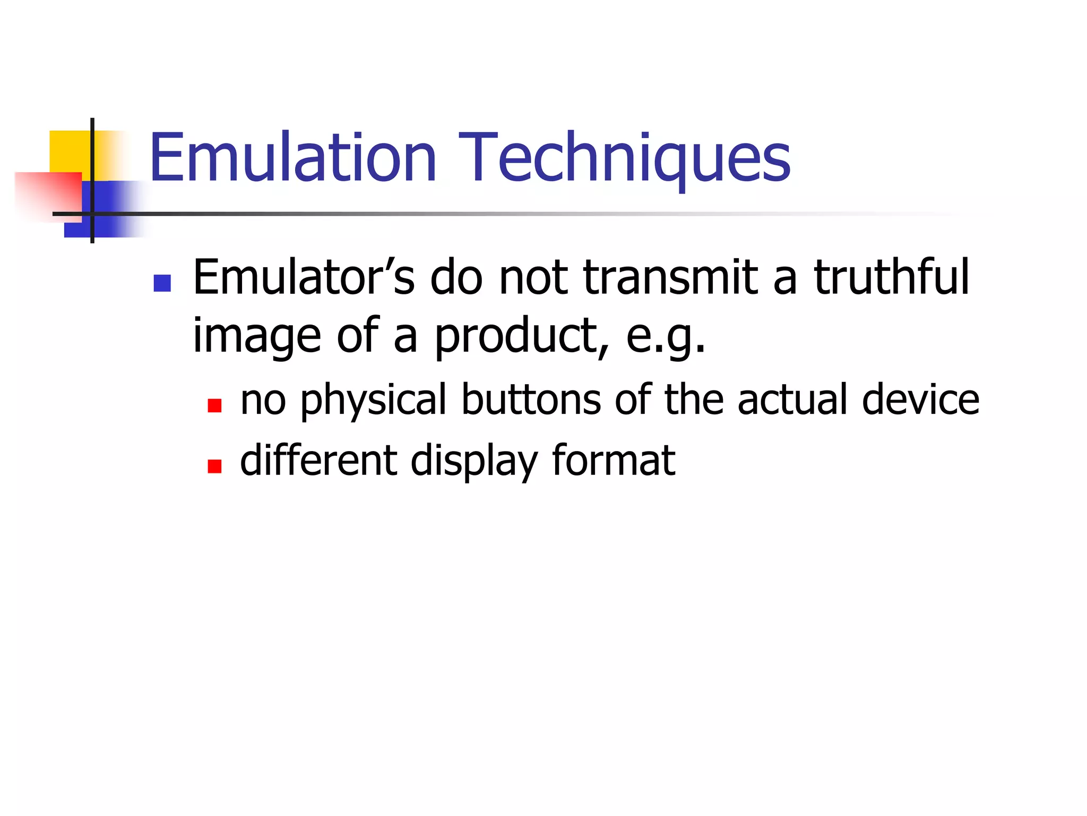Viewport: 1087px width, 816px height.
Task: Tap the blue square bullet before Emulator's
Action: point(162,283)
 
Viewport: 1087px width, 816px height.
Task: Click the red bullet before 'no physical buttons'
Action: point(214,406)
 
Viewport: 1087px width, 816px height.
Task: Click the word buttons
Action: point(531,400)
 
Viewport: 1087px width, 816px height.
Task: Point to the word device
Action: point(920,400)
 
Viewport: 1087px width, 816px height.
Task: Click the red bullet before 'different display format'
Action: point(214,466)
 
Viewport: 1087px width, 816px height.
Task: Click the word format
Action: point(614,460)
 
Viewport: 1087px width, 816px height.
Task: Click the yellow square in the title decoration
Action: point(69,151)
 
